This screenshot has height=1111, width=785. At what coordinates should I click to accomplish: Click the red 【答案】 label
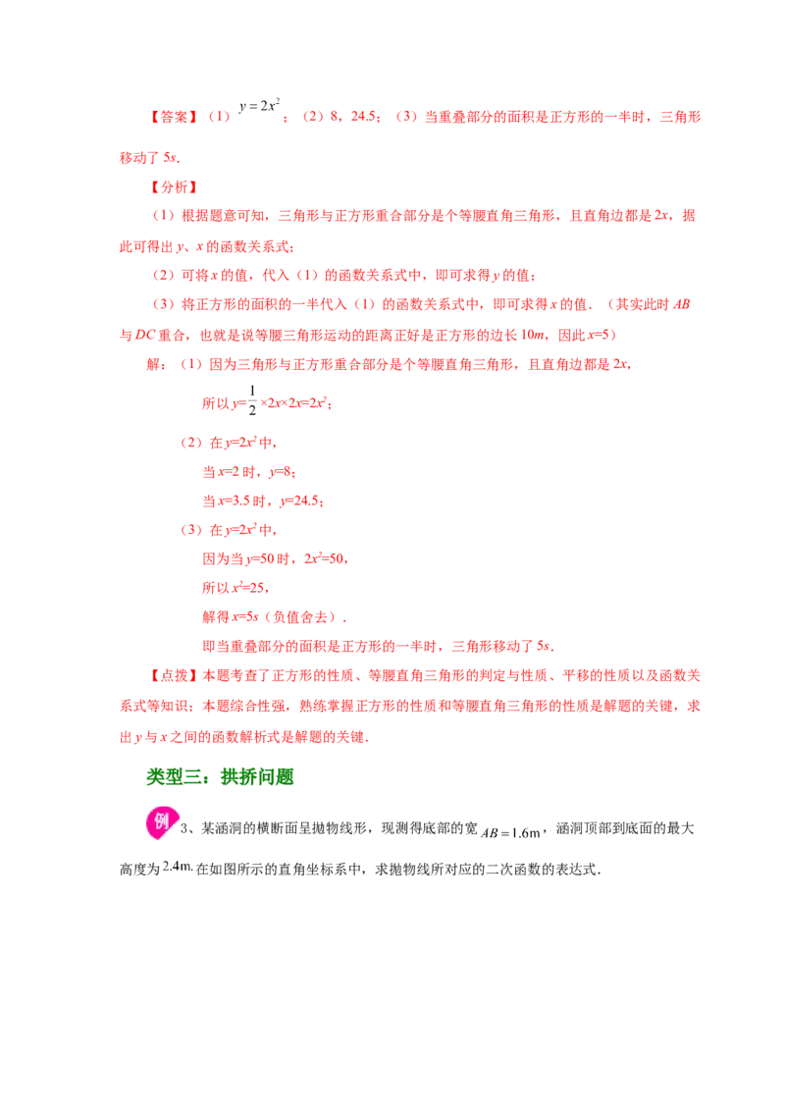pos(174,117)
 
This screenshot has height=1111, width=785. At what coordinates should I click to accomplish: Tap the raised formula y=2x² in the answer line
pos(259,106)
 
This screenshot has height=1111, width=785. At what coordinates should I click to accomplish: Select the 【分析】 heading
pos(174,187)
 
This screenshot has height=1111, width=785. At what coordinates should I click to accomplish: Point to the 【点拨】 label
pos(174,675)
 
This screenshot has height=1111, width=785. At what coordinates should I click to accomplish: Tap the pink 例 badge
pos(162,822)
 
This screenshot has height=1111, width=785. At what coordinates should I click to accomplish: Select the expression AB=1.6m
pos(511,832)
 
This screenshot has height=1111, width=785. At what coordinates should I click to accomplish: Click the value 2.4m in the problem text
pos(178,866)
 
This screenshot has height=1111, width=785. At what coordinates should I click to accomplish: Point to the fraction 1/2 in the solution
pos(252,400)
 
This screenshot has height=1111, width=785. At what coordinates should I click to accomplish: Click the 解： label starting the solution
pos(157,364)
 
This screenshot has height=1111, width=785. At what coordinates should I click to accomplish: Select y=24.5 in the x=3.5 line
pos(301,501)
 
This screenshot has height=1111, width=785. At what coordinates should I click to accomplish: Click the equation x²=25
pos(247,587)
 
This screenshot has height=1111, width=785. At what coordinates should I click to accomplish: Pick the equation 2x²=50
pos(325,558)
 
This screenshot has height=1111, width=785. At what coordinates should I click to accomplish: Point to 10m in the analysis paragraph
pos(532,335)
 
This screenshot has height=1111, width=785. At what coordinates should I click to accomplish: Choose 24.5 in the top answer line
pos(363,116)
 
